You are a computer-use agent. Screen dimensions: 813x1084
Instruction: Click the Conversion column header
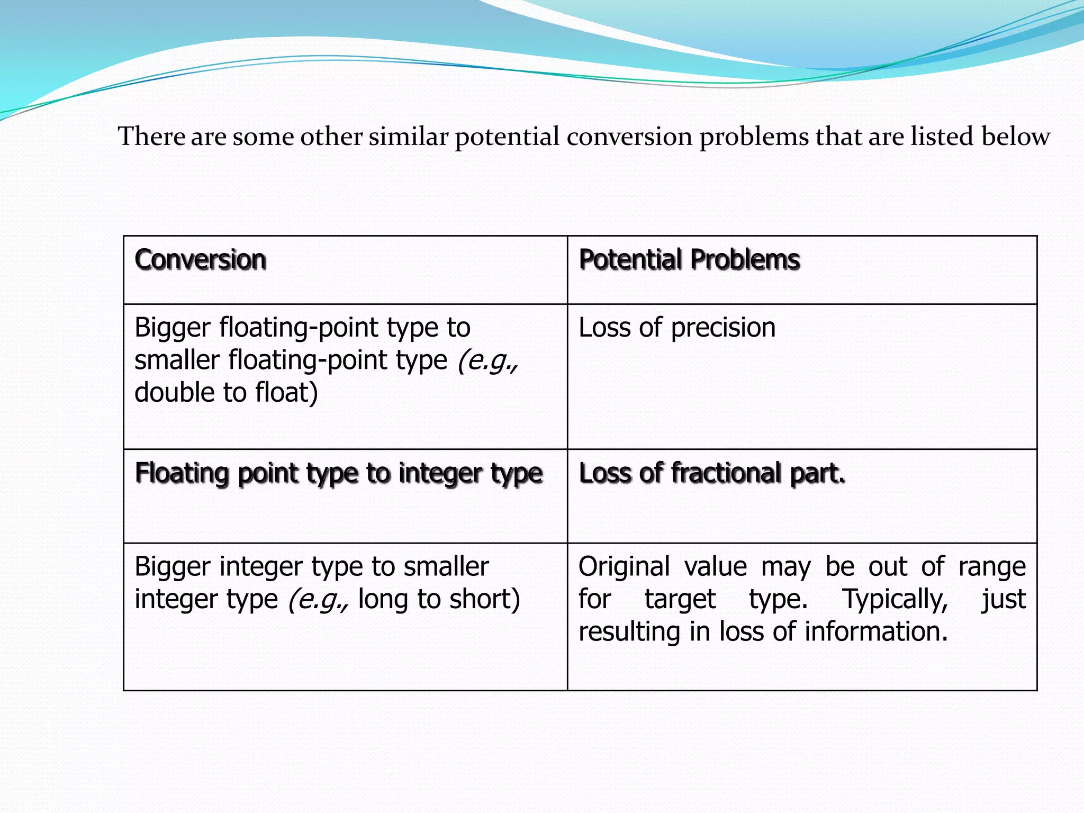pyautogui.click(x=200, y=260)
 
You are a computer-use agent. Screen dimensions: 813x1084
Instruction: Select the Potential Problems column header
pyautogui.click(x=689, y=260)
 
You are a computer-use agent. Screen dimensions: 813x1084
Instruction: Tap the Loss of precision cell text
pyautogui.click(x=677, y=328)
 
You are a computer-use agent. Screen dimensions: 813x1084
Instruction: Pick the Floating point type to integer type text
pyautogui.click(x=339, y=473)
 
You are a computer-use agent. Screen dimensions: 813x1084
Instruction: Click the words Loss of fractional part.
pyautogui.click(x=712, y=473)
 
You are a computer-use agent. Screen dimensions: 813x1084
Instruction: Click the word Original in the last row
pyautogui.click(x=624, y=567)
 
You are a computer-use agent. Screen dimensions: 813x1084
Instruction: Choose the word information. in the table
pyautogui.click(x=876, y=632)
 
